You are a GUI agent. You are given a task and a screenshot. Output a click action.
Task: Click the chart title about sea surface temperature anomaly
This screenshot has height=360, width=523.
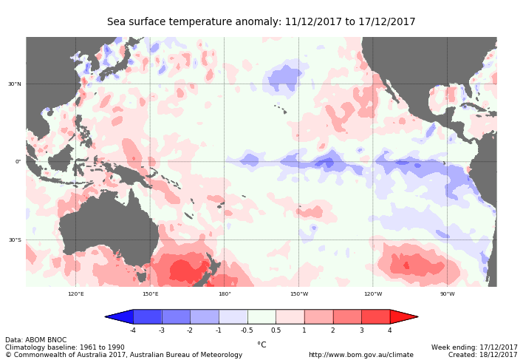(x=261, y=22)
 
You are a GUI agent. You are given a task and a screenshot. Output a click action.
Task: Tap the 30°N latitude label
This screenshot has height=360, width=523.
(x=15, y=84)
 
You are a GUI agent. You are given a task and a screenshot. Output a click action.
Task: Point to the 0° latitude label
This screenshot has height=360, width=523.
(x=18, y=162)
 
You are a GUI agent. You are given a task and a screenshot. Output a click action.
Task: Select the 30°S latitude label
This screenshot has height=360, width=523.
(x=15, y=240)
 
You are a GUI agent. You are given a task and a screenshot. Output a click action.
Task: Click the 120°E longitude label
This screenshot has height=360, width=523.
(x=76, y=294)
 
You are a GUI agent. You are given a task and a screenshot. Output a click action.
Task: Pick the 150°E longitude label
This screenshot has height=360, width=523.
(x=150, y=294)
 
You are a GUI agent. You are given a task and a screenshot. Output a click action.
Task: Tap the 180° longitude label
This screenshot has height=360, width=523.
(x=225, y=294)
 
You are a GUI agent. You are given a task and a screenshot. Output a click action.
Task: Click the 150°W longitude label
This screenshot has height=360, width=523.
(x=298, y=294)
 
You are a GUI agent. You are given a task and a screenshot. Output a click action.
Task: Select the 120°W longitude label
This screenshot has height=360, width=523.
(x=373, y=294)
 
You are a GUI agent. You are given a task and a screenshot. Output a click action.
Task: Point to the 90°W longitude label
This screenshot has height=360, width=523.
(x=447, y=294)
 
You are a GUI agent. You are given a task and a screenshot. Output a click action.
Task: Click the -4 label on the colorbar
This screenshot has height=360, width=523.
(x=133, y=330)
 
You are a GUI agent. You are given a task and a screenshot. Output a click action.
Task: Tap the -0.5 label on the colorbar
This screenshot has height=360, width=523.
(x=247, y=330)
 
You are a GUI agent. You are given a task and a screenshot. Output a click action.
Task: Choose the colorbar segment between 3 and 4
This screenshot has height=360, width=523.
(x=375, y=316)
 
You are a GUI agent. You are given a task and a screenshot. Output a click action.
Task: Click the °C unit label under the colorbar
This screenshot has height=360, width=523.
(x=261, y=344)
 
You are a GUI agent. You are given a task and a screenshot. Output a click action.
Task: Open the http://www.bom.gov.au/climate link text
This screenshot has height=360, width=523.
(x=360, y=355)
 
